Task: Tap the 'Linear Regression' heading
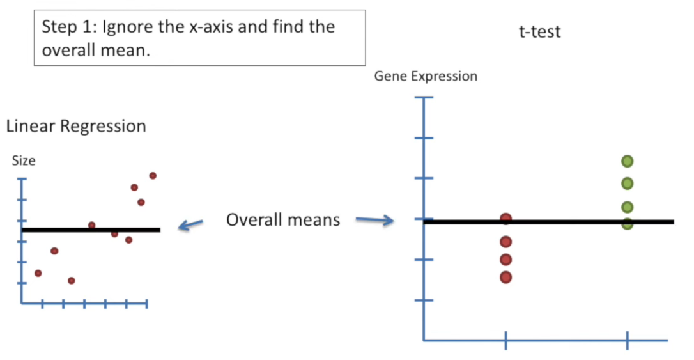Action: (76, 126)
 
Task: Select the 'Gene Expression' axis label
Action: (426, 77)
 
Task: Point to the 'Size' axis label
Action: (24, 161)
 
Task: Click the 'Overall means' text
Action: (283, 220)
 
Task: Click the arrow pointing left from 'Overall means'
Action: (190, 224)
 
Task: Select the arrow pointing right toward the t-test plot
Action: (374, 221)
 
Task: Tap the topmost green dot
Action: (628, 161)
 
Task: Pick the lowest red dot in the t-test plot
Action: (506, 277)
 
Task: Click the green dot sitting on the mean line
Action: (628, 223)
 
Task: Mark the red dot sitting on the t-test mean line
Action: (506, 219)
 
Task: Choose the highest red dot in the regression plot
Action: (153, 175)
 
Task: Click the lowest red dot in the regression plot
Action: (72, 280)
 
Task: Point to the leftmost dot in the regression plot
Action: (38, 273)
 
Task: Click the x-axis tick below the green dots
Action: (628, 340)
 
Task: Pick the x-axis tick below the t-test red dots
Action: (506, 340)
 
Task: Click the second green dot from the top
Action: (628, 184)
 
